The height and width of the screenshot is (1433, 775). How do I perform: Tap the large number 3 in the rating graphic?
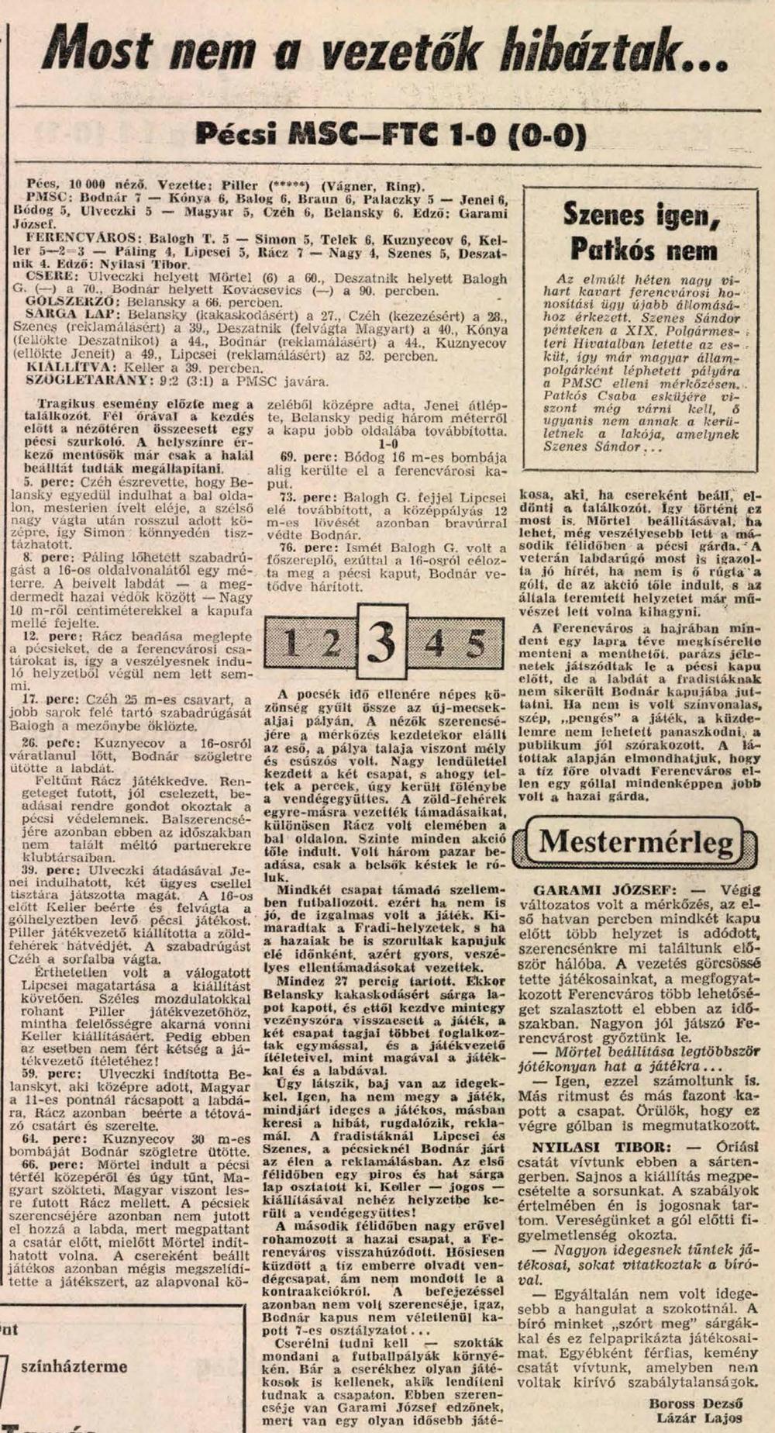point(382,641)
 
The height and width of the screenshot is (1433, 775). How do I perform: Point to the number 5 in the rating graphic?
point(474,642)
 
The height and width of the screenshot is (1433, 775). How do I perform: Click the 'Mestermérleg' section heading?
point(636,841)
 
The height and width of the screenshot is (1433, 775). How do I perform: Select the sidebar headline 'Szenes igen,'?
point(641,215)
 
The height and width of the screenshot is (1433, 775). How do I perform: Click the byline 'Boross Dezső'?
point(695,1403)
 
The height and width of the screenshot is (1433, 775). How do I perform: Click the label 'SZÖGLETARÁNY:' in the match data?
point(77,381)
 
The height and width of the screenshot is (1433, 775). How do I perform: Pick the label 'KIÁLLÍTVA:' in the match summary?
point(62,368)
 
